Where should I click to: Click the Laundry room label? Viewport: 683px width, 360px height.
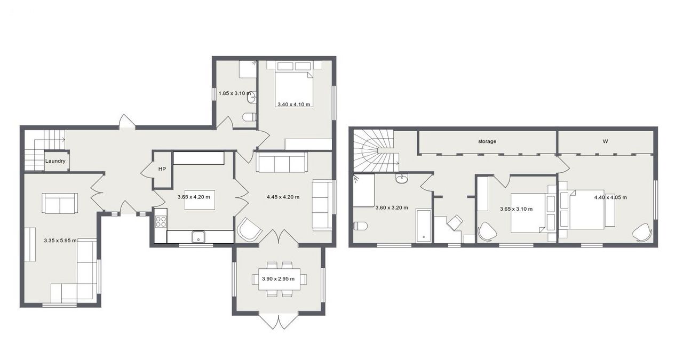(55, 161)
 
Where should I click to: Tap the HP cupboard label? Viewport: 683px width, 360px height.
(162, 169)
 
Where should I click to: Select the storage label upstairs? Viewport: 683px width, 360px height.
(487, 141)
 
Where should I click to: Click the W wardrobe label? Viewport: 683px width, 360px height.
(605, 141)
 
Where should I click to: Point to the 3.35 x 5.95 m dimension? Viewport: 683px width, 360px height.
(60, 241)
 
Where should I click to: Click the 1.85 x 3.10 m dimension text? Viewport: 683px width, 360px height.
(235, 93)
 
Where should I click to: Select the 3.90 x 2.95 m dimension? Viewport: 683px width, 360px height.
(279, 278)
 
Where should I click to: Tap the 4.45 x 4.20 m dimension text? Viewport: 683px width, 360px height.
(283, 197)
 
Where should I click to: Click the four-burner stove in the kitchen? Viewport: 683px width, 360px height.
(161, 222)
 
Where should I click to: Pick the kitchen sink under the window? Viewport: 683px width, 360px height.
(199, 237)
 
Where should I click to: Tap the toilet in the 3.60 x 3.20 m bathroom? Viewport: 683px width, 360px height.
(360, 226)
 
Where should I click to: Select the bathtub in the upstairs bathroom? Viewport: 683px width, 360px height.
(424, 226)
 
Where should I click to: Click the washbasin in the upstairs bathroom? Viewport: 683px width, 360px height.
(402, 178)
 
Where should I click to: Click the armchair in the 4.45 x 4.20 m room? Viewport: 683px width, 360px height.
(249, 229)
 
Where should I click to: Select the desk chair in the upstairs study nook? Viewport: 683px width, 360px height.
(455, 222)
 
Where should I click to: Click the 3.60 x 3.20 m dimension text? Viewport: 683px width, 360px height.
(392, 208)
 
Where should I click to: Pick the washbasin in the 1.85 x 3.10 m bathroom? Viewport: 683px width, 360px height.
(252, 98)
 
